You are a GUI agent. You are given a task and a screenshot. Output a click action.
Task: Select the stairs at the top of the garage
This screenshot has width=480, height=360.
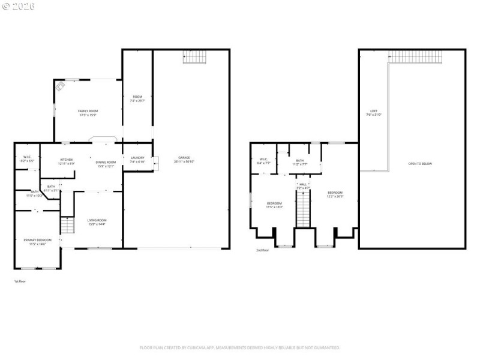(x=194, y=58)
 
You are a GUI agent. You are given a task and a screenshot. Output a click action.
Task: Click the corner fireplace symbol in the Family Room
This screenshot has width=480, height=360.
(x=61, y=86)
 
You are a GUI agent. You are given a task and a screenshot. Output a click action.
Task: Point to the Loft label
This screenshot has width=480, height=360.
(x=374, y=112)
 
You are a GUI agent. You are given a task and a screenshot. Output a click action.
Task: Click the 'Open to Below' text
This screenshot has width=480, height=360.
(x=420, y=163)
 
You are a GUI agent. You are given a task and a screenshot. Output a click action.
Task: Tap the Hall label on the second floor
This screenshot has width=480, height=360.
(x=303, y=185)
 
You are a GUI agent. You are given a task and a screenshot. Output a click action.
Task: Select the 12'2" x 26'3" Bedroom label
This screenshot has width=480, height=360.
(x=335, y=194)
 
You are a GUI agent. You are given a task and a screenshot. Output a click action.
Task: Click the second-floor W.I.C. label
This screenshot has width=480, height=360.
(x=263, y=161)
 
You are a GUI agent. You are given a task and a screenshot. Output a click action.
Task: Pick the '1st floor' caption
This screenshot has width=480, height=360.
(x=20, y=281)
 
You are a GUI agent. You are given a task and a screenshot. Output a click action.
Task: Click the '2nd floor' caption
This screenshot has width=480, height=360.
(x=262, y=250)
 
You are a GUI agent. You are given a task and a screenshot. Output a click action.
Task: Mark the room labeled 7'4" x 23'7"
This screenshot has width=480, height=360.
(x=137, y=98)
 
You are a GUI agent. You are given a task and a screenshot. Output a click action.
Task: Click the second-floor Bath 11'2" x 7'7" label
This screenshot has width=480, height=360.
(x=299, y=161)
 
